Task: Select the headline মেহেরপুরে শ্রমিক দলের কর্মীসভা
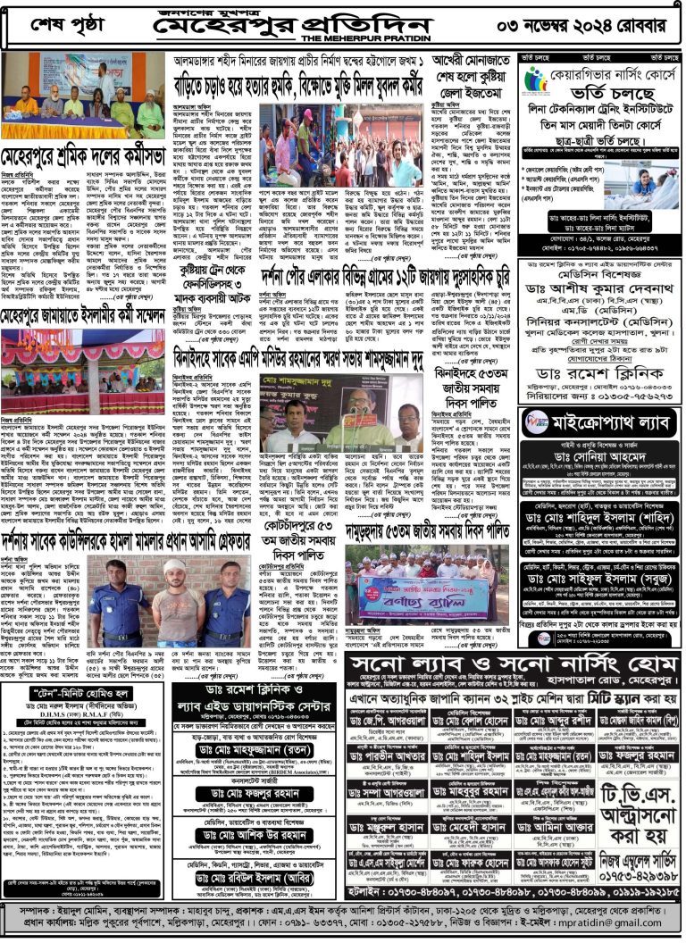[86, 151]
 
